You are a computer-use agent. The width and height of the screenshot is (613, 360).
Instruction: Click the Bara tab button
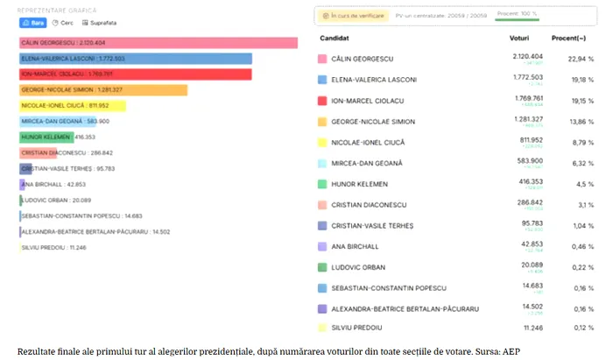point(32,23)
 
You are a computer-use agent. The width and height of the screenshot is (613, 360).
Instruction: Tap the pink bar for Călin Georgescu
point(158,43)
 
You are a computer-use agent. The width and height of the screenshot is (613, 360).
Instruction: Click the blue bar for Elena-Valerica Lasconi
point(135,59)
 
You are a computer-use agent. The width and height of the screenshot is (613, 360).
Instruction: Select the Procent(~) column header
point(569,39)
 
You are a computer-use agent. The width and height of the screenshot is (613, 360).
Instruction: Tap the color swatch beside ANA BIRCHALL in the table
point(323,247)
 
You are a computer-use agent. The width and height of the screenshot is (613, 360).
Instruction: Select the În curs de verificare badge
point(351,15)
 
